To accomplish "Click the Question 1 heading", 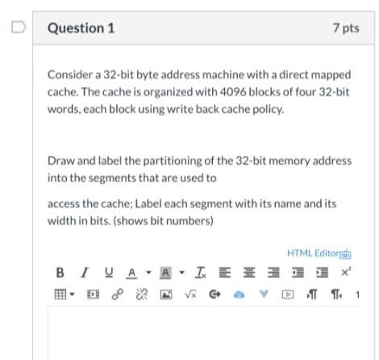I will coord(81,29).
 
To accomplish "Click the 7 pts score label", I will coord(345,29).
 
